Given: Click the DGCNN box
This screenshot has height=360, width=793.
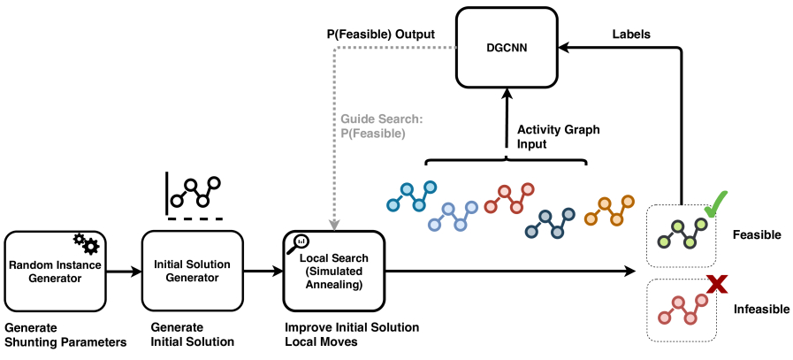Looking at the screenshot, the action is [x=507, y=48].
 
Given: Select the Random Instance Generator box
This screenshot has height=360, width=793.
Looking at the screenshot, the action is [x=55, y=271].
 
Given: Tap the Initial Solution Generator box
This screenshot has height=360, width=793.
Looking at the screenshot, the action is [x=192, y=271].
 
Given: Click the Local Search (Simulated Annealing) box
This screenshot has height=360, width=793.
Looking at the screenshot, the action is [x=334, y=271].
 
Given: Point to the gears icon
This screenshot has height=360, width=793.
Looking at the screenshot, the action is [x=87, y=242].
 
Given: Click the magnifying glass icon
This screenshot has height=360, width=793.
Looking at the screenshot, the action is [x=297, y=243].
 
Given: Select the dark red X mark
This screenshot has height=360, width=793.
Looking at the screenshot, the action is [x=717, y=286].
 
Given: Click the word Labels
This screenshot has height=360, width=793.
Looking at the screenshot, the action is [x=631, y=34].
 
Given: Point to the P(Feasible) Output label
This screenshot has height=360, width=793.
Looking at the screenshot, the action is [x=380, y=34].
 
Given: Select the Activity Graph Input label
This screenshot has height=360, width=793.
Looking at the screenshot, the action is [x=559, y=137].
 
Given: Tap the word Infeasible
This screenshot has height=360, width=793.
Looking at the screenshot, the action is [x=762, y=309].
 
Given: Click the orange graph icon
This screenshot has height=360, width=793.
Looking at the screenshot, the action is [x=609, y=211].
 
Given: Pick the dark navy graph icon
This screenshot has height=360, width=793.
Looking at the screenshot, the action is [x=550, y=223].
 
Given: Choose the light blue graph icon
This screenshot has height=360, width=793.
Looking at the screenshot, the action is [x=454, y=216].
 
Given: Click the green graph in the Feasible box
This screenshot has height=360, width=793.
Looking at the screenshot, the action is [x=682, y=233].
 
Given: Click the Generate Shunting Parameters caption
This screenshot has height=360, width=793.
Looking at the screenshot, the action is [x=65, y=334].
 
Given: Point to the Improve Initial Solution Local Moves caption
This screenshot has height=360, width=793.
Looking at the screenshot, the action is [x=352, y=334].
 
